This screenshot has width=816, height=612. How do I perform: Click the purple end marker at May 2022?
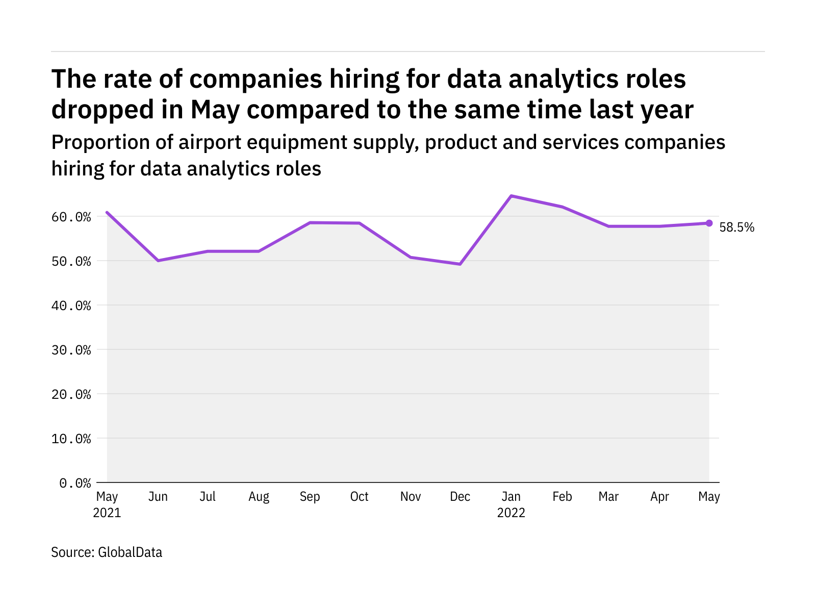tap(709, 223)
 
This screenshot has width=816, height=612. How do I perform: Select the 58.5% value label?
tap(736, 227)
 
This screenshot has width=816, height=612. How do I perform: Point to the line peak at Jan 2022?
tap(511, 196)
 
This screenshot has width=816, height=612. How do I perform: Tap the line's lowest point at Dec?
tap(460, 264)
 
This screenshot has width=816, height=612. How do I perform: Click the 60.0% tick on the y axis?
tap(71, 217)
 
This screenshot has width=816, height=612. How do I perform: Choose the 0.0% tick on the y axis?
tap(75, 482)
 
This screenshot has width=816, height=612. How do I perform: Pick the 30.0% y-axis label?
tap(71, 350)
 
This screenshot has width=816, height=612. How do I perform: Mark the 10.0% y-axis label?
tap(71, 439)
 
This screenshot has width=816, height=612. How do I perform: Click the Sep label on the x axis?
tap(310, 497)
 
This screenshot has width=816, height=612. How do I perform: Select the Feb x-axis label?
tap(562, 497)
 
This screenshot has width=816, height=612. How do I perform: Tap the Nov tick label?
tap(410, 497)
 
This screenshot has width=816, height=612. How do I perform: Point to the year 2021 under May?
tap(107, 513)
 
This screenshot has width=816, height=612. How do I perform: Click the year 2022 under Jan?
tap(511, 513)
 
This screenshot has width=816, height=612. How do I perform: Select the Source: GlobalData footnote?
tap(107, 552)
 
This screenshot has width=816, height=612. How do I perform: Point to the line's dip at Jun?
tap(158, 261)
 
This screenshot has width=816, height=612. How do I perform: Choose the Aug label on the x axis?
tap(259, 497)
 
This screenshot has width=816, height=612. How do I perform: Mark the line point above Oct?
tap(360, 223)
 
